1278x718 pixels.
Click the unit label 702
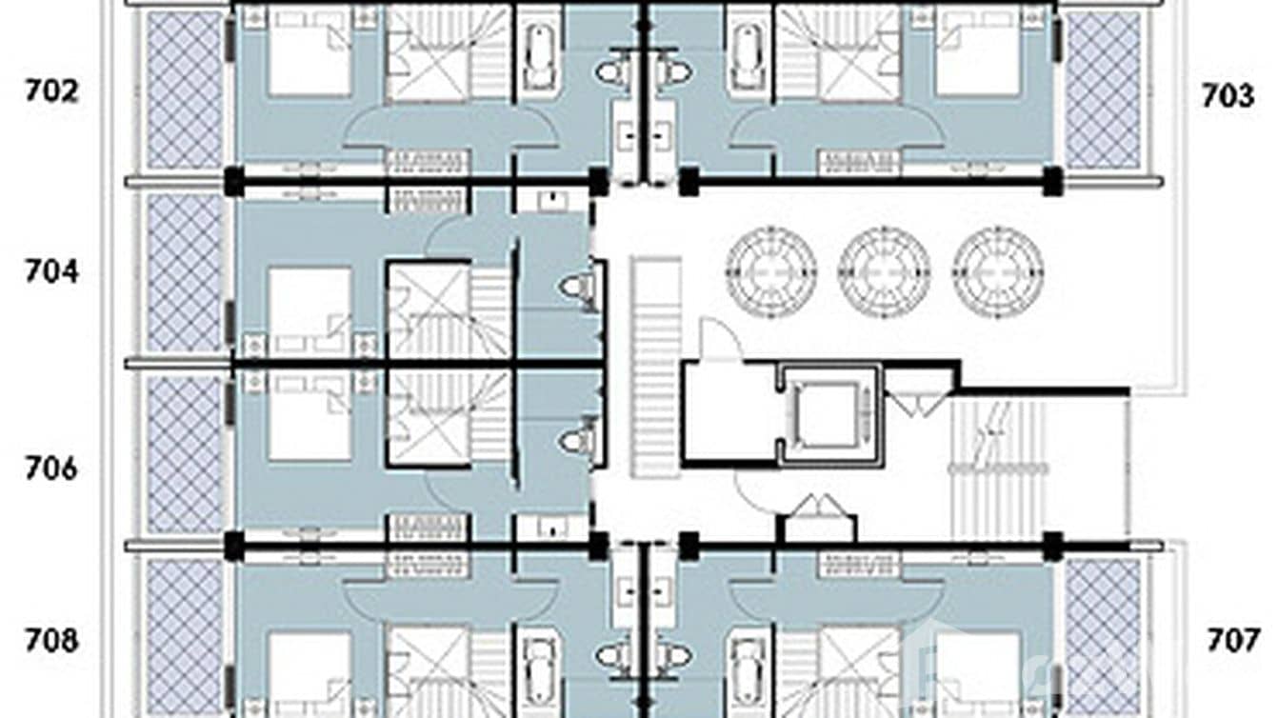[x=50, y=91]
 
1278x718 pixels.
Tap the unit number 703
[x=1228, y=95]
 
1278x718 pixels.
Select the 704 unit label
[x=51, y=271]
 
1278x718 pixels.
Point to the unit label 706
[x=50, y=469]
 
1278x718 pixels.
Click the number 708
[x=51, y=641]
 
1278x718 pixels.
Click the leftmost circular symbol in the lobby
[x=770, y=272]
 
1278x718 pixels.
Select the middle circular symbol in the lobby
[x=884, y=272]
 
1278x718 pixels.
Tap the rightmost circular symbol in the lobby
[x=997, y=272]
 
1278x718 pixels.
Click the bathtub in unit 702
[x=539, y=57]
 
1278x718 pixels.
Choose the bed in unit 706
[x=310, y=416]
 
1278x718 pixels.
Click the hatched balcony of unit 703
[x=1102, y=90]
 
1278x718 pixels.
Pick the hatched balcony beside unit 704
[x=185, y=272]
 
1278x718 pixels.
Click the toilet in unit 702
[x=613, y=72]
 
